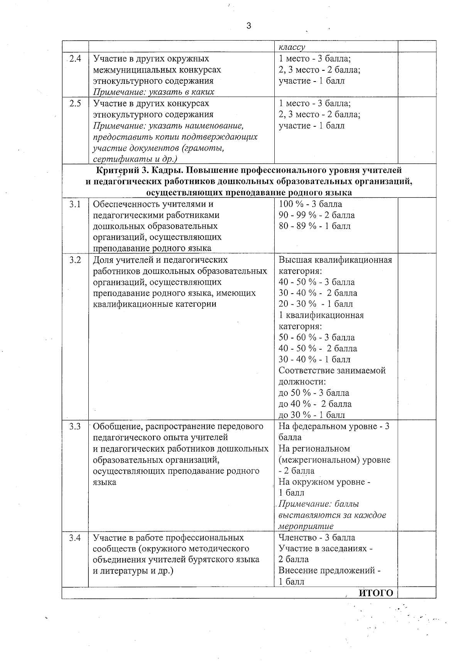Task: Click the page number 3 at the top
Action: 248,26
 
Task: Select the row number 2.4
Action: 75,59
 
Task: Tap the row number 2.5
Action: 75,104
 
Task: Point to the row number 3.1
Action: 75,204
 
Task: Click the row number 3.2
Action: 75,260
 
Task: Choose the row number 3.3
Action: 75,427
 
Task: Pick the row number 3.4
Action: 75,538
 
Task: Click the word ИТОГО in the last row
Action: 376,593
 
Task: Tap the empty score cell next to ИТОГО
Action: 417,593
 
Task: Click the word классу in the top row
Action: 292,47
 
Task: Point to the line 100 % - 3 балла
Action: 310,204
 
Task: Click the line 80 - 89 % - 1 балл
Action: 314,226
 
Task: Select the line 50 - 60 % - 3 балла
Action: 316,337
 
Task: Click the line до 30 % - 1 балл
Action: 312,415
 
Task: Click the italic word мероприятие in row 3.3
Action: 306,526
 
